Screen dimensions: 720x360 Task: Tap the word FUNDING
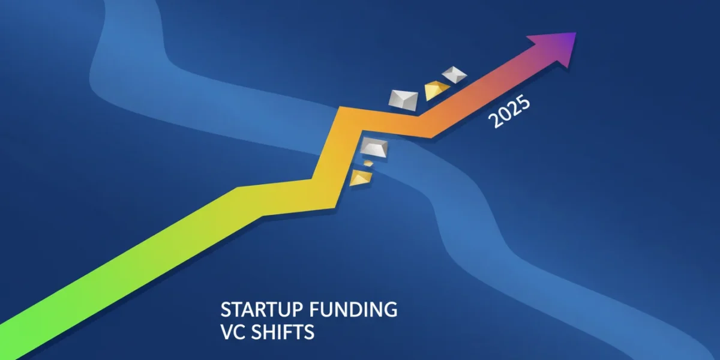coord(353,310)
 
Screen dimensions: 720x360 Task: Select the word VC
coord(233,332)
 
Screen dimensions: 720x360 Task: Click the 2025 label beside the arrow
coord(509,111)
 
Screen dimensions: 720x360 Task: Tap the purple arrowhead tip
coord(577,32)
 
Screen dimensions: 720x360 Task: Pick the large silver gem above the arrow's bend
coord(403,101)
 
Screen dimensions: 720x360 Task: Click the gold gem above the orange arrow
coord(437,90)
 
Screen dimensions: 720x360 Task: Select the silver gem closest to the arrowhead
coord(454,74)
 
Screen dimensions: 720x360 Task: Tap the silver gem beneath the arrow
coord(374,148)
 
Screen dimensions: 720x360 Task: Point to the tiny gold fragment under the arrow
coord(368,163)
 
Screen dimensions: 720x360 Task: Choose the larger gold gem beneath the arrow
coord(361,178)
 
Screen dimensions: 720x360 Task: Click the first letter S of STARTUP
coord(226,310)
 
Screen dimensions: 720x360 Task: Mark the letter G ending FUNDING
coord(391,310)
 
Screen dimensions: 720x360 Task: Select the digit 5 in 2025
coord(523,101)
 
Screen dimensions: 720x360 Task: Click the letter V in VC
coord(227,332)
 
